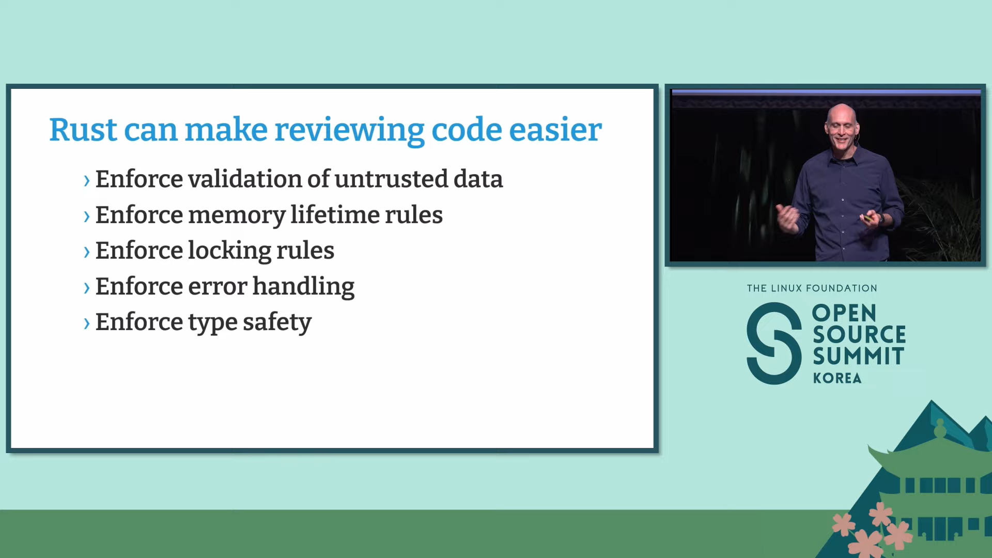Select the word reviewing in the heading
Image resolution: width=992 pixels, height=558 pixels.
(x=349, y=130)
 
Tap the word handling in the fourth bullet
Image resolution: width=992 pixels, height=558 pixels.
(x=303, y=287)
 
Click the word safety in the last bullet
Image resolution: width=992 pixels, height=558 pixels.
(x=277, y=322)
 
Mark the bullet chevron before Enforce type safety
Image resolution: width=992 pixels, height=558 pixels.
(x=86, y=323)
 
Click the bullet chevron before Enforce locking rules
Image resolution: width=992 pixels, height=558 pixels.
(x=86, y=252)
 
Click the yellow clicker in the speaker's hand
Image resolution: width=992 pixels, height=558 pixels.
(x=867, y=219)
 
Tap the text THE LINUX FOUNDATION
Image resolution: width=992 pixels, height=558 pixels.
(x=812, y=288)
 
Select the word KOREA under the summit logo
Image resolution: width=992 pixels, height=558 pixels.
(x=837, y=378)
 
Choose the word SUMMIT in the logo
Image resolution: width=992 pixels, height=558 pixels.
(x=858, y=357)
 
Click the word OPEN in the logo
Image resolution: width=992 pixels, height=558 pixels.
(x=844, y=313)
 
